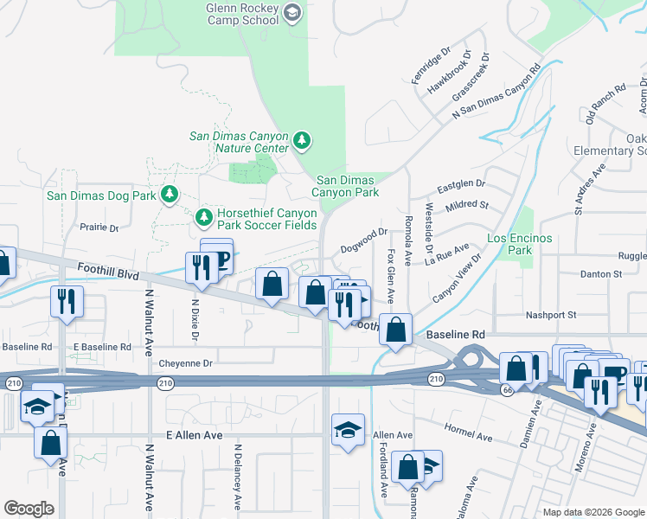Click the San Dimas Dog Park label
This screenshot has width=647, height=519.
point(101,195)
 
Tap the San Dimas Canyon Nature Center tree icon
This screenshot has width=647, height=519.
point(302,139)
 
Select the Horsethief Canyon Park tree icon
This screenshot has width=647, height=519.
point(204,215)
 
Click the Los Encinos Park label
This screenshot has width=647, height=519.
point(509,244)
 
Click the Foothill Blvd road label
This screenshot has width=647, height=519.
point(108,272)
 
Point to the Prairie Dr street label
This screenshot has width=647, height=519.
point(99,227)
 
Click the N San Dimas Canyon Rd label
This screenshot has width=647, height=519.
point(497,92)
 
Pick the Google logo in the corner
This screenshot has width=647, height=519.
point(29,509)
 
